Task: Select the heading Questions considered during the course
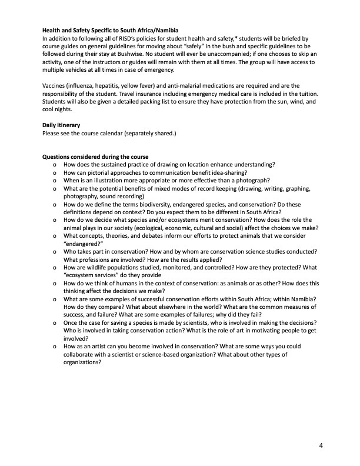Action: click(x=95, y=157)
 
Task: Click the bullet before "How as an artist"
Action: click(x=54, y=347)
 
